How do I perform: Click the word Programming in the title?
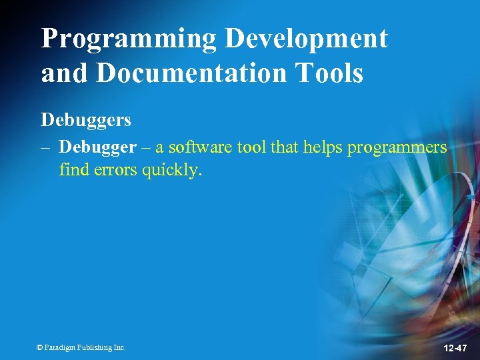pos(129,39)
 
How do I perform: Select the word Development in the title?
pos(306,39)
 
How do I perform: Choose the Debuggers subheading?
pos(86,120)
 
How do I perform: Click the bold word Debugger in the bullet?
pos(97,147)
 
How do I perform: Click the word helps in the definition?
pos(323,147)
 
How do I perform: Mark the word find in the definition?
pos(71,170)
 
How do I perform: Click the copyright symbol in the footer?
pos(39,347)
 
